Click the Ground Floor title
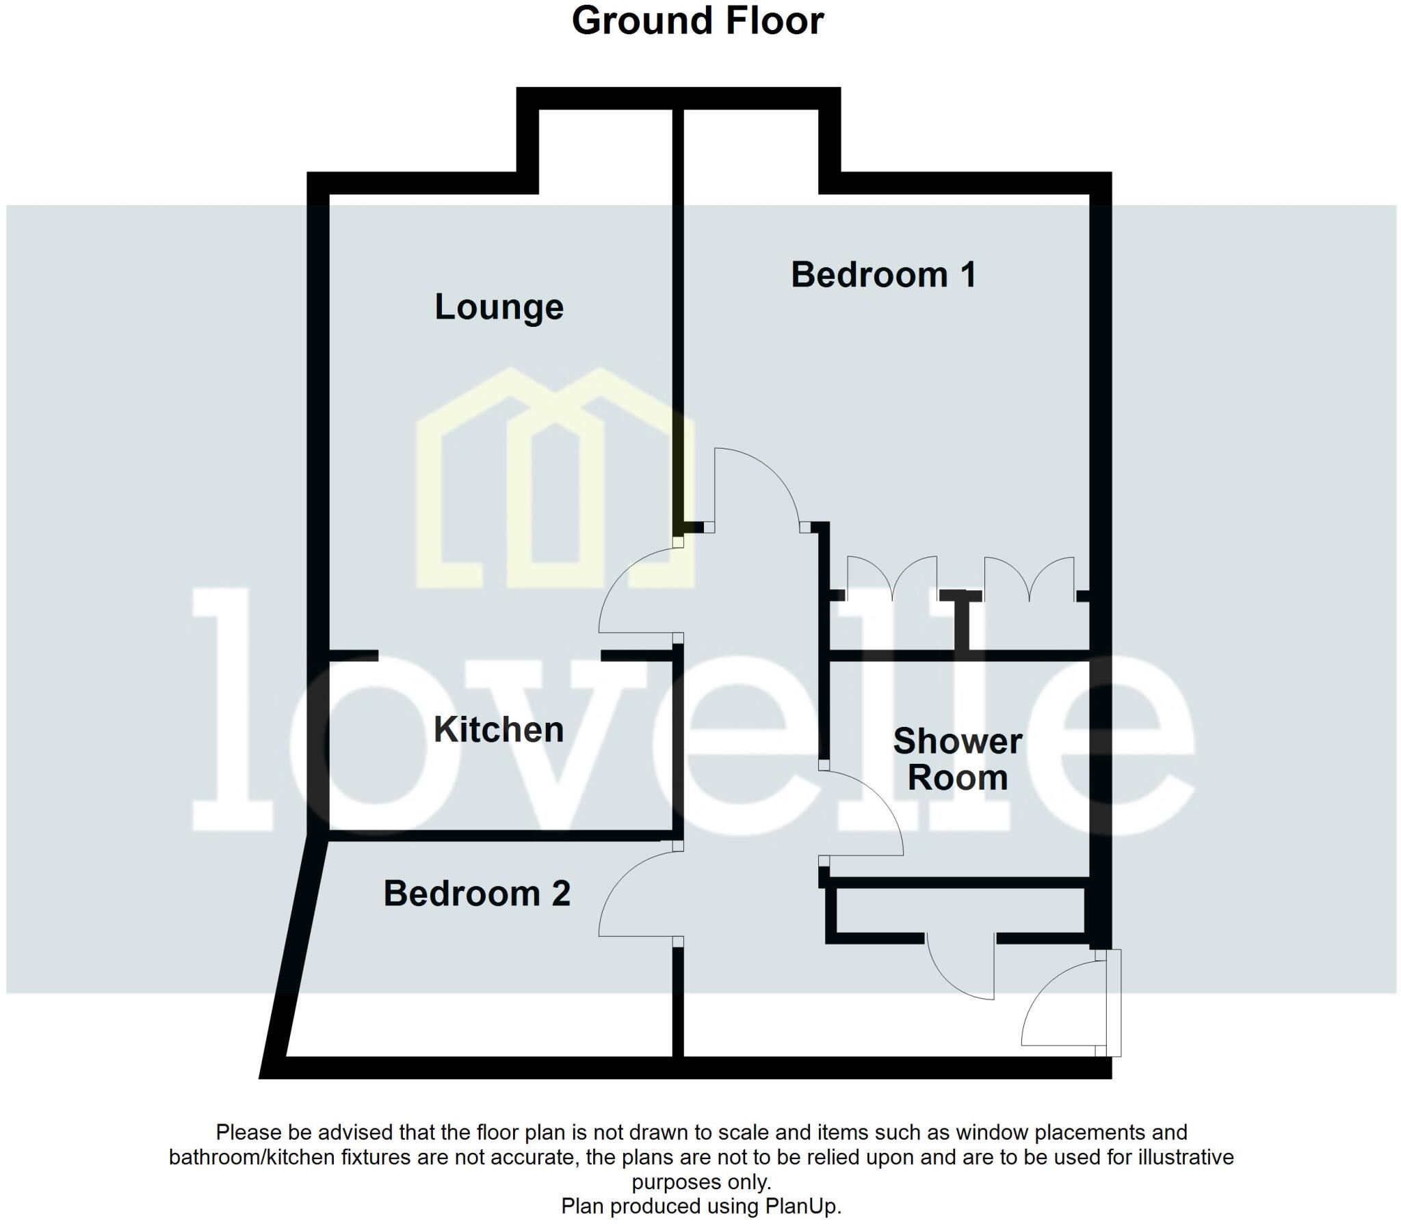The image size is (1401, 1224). tap(698, 21)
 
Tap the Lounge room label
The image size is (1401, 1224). tap(499, 307)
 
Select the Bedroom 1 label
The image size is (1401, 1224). tap(883, 275)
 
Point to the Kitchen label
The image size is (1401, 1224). tap(499, 730)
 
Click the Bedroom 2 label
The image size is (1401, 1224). tap(477, 893)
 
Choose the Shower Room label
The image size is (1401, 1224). tap(958, 760)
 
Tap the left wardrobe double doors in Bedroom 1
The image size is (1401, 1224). tap(892, 578)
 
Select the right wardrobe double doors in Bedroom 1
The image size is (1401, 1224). tap(1029, 578)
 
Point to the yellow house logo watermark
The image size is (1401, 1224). tap(554, 479)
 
